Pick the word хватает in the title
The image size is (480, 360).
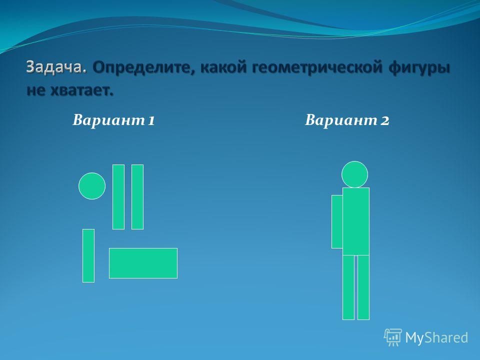81,90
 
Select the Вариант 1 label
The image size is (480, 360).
113,120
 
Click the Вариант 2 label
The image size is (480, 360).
347,120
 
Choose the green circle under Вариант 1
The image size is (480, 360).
92,186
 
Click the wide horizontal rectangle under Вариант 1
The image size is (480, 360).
143,263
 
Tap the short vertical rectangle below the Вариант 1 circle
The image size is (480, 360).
88,255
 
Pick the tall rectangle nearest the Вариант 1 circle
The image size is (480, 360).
118,197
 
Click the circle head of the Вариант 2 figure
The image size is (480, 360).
354,174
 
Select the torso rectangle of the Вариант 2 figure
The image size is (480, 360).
356,221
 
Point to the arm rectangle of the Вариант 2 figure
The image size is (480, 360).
337,221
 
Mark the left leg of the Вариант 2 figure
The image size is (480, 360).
348,287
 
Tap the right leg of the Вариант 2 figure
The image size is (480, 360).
363,287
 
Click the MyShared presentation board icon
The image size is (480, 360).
393,337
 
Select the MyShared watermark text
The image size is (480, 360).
436,338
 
